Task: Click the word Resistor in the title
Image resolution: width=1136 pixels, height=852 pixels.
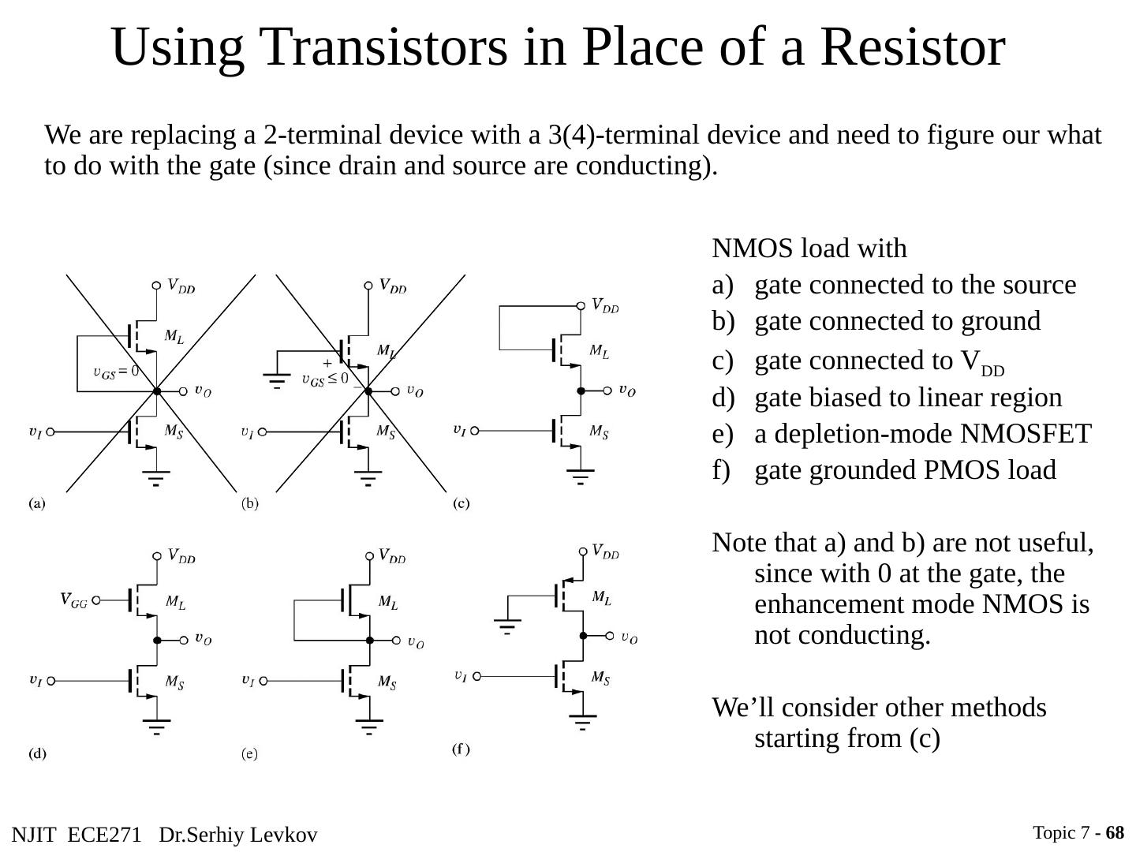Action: click(x=912, y=47)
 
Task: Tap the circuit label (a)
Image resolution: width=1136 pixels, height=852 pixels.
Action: click(x=37, y=503)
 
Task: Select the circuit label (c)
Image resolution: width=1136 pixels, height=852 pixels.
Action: click(x=461, y=503)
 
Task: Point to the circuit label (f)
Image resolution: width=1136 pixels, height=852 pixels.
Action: click(x=461, y=749)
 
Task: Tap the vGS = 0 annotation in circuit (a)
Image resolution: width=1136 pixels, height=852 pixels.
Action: click(x=115, y=372)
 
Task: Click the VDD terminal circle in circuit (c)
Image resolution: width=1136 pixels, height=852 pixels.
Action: click(x=581, y=305)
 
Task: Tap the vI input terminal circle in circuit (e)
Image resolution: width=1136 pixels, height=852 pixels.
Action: click(x=263, y=680)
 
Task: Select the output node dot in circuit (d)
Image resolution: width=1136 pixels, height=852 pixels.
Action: click(x=157, y=640)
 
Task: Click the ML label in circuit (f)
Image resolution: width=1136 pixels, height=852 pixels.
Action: click(x=601, y=597)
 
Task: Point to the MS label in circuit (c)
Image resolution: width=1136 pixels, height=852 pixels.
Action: click(x=600, y=432)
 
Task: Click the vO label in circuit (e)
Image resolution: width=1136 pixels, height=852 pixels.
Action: click(x=415, y=642)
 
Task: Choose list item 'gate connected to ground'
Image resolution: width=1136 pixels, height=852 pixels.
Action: click(x=897, y=321)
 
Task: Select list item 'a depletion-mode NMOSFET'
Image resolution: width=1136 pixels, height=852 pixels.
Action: click(x=922, y=433)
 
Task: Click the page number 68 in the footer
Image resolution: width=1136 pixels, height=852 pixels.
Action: click(x=1115, y=833)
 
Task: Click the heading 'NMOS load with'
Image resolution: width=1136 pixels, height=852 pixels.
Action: click(x=809, y=248)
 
